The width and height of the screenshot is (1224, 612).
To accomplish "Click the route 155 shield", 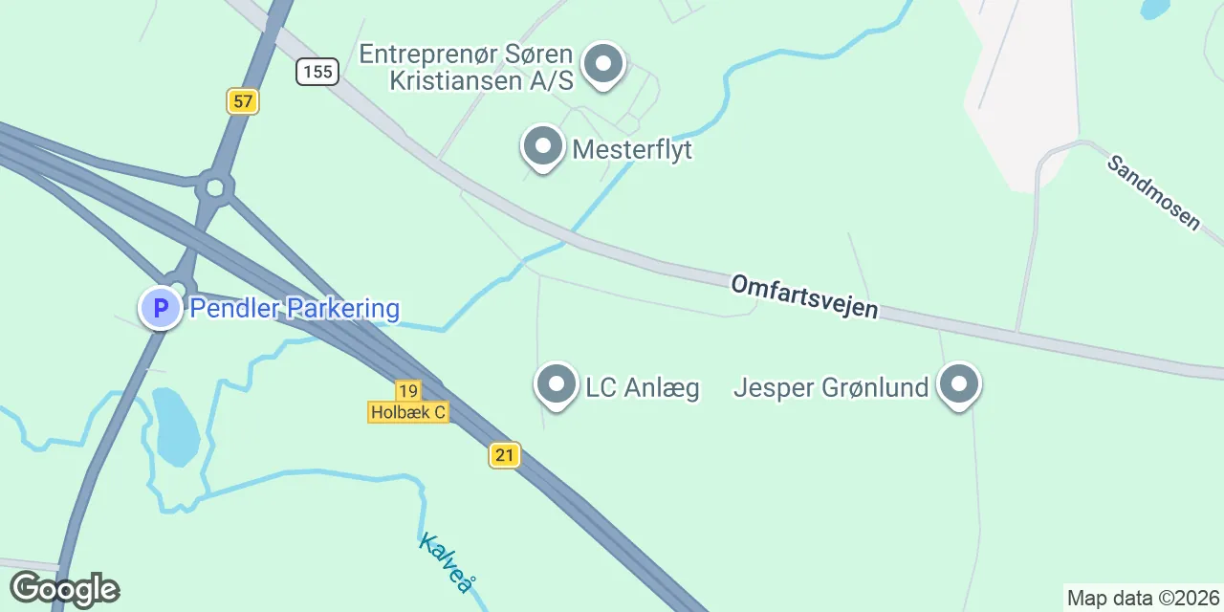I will [x=317, y=72].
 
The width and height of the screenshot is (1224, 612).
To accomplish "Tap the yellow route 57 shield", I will [x=243, y=100].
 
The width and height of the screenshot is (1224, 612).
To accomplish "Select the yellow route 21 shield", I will [x=504, y=454].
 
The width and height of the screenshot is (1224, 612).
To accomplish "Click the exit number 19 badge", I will [x=408, y=390].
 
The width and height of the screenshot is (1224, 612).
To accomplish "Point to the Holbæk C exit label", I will [x=408, y=412].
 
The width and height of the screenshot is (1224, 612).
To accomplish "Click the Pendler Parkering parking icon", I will [x=161, y=309].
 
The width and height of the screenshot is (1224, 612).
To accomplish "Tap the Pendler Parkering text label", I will [x=295, y=309].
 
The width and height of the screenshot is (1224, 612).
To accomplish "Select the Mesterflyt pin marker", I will [x=543, y=147].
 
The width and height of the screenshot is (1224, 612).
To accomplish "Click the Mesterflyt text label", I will [x=632, y=150].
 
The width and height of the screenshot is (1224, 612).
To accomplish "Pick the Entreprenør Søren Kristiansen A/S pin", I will [x=602, y=65].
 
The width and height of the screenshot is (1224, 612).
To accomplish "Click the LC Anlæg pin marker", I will [x=557, y=385].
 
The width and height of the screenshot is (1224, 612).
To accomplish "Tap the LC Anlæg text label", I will [x=643, y=387].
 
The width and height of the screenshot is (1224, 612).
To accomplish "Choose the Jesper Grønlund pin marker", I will [x=959, y=385].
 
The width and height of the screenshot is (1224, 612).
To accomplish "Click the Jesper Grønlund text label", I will [x=831, y=387].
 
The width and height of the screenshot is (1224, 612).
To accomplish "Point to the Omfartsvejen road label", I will [x=804, y=296].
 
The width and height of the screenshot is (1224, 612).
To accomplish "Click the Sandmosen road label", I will [x=1153, y=191].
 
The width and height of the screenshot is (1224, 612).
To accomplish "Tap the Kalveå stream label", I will [x=446, y=562].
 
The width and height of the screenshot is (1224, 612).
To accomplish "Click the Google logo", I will [x=64, y=589].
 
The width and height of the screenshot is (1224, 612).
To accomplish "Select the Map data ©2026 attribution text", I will [x=1143, y=599].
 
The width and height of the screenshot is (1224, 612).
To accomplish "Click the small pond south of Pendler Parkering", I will [x=176, y=426].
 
